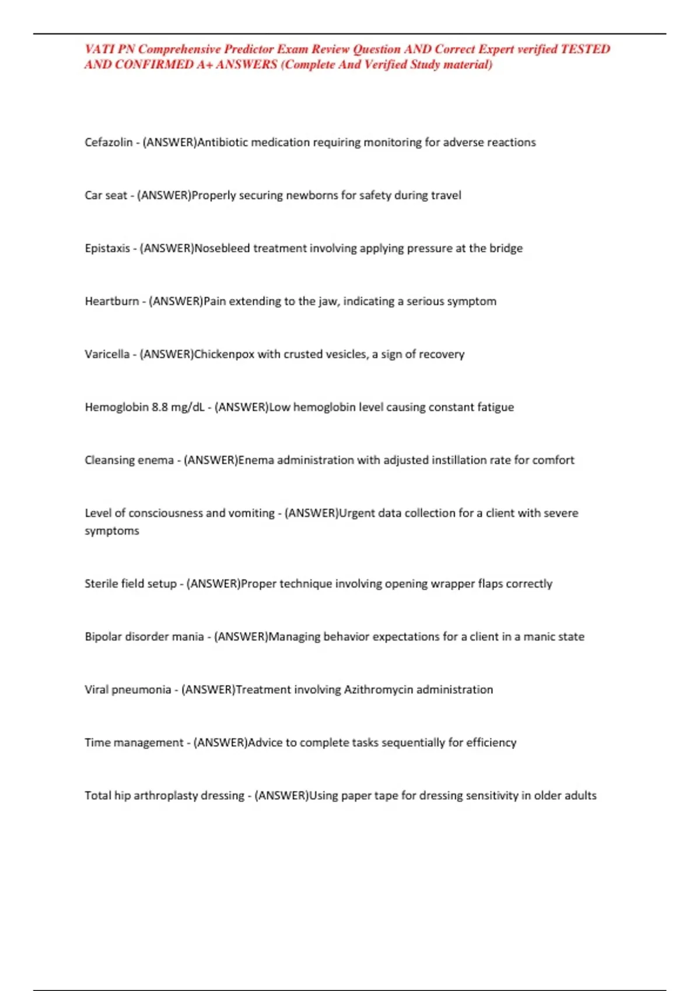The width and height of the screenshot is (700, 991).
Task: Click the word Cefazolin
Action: [108, 142]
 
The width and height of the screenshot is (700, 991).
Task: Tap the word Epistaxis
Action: [107, 248]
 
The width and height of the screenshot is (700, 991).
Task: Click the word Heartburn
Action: [112, 301]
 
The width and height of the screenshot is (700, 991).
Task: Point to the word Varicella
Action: [107, 354]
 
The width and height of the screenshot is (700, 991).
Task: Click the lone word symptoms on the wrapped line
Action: [112, 531]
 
